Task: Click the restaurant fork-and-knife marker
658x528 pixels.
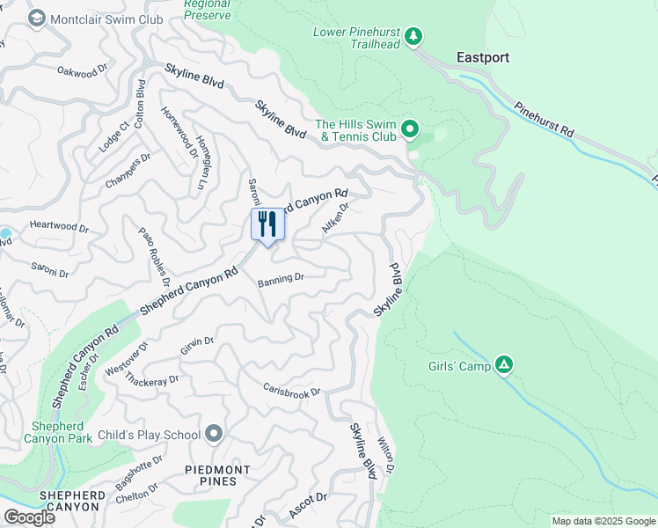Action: point(267,224)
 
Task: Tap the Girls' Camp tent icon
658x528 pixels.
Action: point(504,363)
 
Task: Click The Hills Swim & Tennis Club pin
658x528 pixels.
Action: point(409,130)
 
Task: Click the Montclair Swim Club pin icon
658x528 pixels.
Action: point(37,18)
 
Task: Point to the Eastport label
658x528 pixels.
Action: point(483,58)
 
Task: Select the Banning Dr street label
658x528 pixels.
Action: point(281,278)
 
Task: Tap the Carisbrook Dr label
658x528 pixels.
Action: point(292,390)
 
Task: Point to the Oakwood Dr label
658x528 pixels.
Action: point(82,70)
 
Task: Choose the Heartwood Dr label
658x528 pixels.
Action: point(60,227)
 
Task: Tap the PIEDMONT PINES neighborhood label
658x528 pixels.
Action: point(223,475)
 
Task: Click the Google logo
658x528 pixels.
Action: point(29,517)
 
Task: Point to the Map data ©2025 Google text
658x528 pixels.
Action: point(603,521)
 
